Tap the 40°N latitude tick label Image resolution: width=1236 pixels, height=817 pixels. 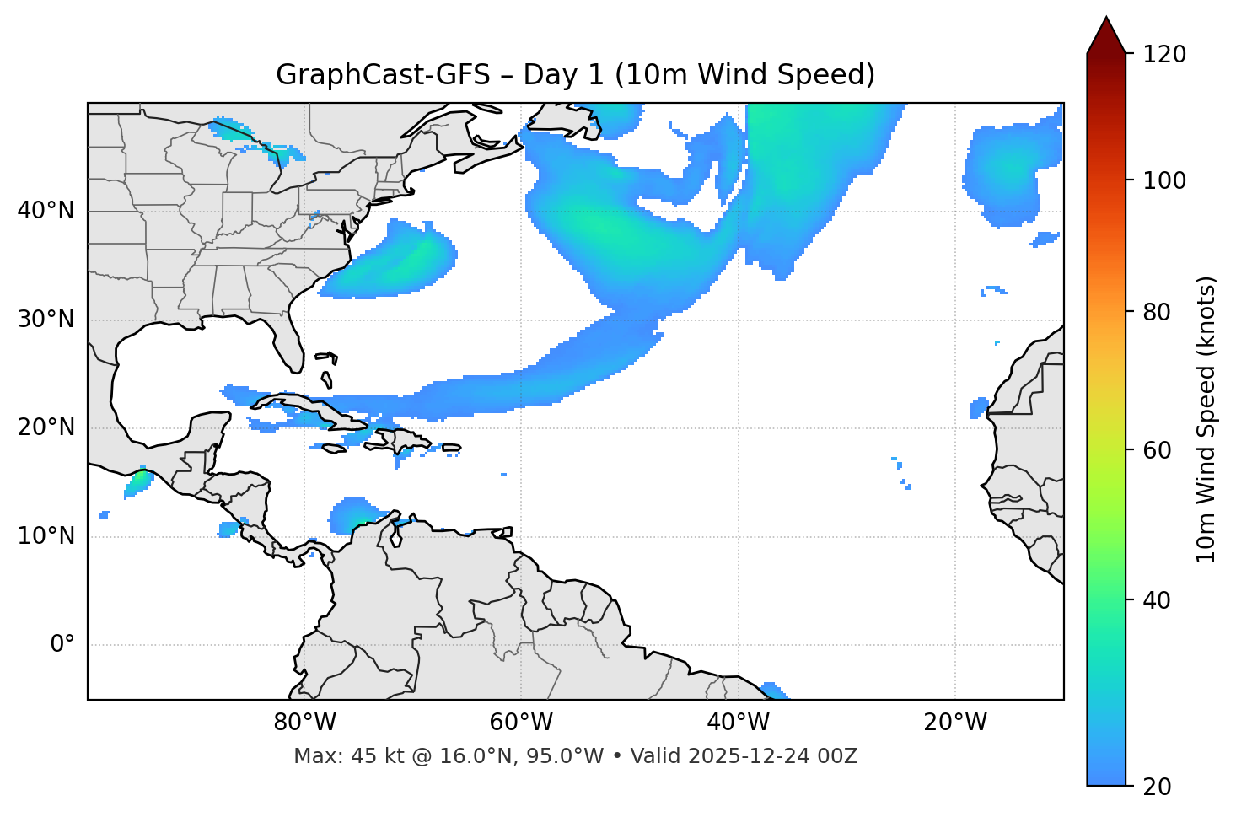pos(46,211)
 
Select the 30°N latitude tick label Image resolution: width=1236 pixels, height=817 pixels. pos(46,320)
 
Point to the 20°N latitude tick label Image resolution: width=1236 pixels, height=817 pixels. pos(46,427)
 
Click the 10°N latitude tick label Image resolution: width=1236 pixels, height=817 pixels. pos(46,536)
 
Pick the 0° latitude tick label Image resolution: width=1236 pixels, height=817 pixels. pos(62,645)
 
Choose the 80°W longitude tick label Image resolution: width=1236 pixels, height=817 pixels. pos(304,723)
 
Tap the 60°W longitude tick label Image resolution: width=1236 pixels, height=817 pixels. pos(521,723)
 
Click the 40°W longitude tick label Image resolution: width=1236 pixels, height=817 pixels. pos(738,723)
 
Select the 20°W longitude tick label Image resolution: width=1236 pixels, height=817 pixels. pos(954,723)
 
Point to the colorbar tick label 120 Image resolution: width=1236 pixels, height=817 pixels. pos(1163,55)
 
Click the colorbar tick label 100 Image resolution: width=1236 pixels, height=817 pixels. pos(1163,180)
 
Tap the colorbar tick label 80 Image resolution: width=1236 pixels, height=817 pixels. pos(1157,312)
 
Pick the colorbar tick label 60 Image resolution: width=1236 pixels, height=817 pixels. pos(1157,450)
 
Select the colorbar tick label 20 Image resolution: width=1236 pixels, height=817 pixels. pos(1157,787)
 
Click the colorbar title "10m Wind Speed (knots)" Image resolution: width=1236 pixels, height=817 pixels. pos(1206,419)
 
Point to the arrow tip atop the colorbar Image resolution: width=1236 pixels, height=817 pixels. pos(1105,19)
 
